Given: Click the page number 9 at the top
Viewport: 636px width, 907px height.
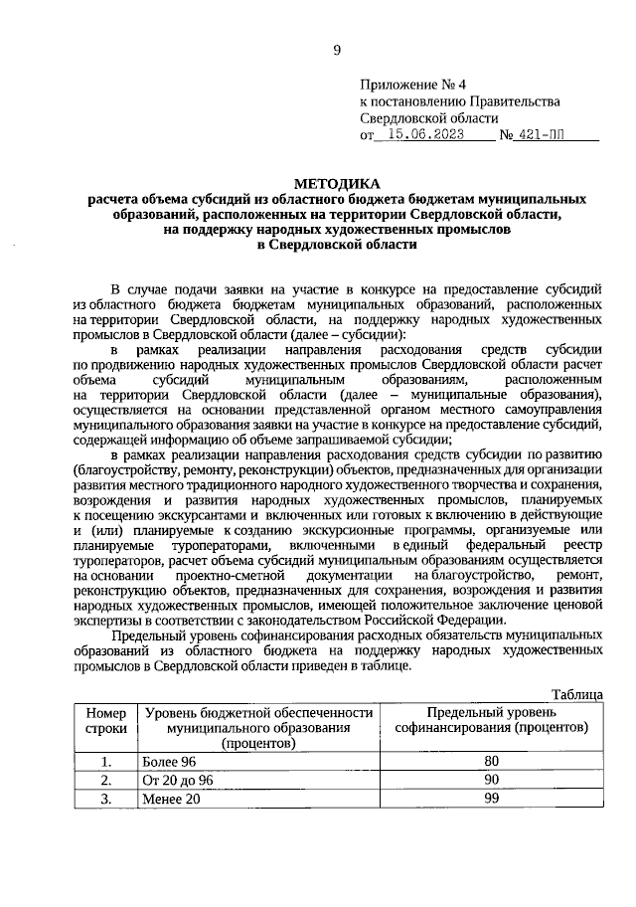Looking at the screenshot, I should [x=337, y=50].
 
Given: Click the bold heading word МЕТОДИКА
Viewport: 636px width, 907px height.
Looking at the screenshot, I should [x=336, y=182].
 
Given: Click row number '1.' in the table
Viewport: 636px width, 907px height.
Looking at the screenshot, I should [x=106, y=762].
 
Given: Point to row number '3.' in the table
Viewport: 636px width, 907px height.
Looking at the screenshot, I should [x=106, y=798].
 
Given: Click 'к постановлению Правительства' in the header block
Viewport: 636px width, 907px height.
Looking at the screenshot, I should [x=460, y=101].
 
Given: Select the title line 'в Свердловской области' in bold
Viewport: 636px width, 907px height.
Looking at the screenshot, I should [x=336, y=244].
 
